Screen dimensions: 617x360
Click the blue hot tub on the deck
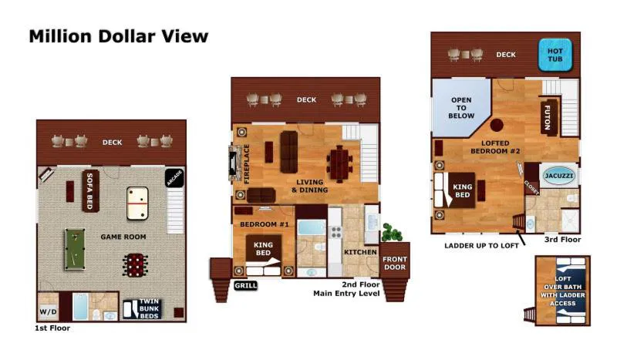click(555, 55)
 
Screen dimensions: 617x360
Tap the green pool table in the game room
click(75, 250)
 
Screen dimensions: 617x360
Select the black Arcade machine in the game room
click(174, 178)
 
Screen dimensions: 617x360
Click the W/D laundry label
click(48, 312)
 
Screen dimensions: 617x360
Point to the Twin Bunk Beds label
click(149, 309)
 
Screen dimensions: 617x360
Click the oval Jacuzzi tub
click(558, 176)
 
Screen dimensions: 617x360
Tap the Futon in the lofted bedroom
click(549, 117)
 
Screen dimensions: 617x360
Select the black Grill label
click(245, 286)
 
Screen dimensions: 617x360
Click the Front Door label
click(395, 263)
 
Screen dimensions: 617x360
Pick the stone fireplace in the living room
click(236, 163)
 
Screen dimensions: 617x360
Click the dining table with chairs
click(339, 164)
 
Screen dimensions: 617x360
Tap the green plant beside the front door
click(392, 233)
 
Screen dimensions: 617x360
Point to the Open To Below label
click(461, 108)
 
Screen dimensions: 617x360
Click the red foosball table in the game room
click(136, 264)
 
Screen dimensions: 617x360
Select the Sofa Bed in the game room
click(90, 191)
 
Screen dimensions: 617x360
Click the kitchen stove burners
click(335, 232)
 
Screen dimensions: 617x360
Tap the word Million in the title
click(61, 36)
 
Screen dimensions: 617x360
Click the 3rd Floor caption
click(562, 239)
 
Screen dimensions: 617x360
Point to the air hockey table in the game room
click(137, 203)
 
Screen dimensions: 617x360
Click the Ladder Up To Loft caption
click(481, 245)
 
